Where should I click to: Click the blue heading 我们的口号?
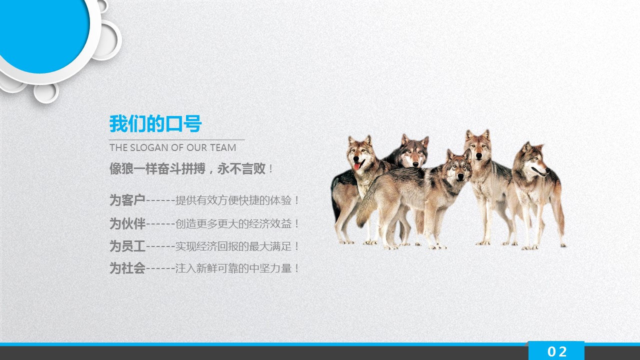(x=155, y=123)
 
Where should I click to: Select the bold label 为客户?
(x=127, y=200)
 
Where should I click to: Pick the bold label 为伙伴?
(x=127, y=223)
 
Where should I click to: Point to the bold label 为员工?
(x=127, y=246)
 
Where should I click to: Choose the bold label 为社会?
(x=127, y=268)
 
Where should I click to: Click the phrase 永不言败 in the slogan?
(x=241, y=168)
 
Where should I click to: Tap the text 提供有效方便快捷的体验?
(x=233, y=200)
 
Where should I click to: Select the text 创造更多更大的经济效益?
(x=233, y=223)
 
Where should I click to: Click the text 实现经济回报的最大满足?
(x=233, y=246)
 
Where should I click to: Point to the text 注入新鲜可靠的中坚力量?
(x=233, y=268)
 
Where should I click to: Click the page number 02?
(x=557, y=351)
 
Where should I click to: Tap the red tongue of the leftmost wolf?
(x=357, y=166)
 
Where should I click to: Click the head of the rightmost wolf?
(x=533, y=159)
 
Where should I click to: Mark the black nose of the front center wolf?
(x=460, y=177)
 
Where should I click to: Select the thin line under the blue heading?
(x=177, y=139)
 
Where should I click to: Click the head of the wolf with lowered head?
(x=413, y=151)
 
